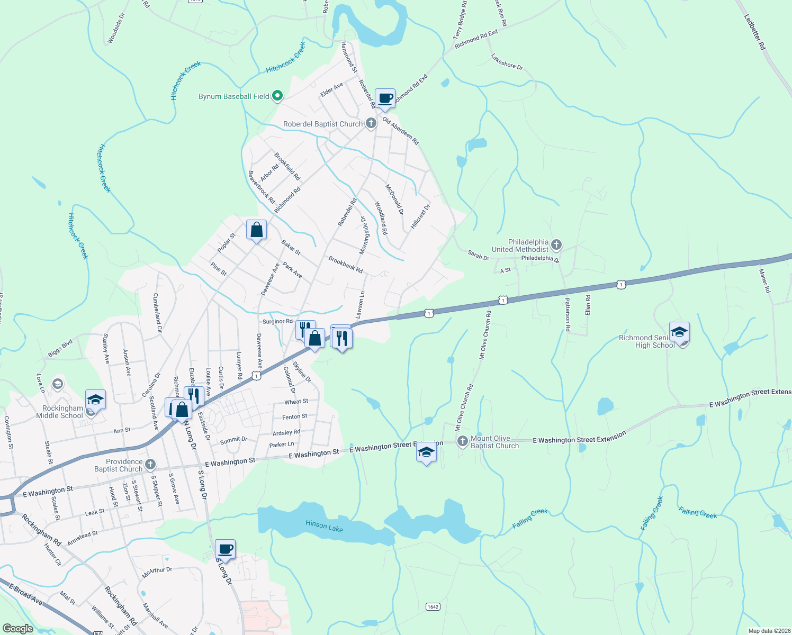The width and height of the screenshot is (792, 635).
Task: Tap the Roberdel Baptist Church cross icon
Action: pyautogui.click(x=371, y=124)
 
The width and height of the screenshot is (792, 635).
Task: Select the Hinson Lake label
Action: pyautogui.click(x=324, y=526)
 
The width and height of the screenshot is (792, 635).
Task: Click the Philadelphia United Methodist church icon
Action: pyautogui.click(x=556, y=244)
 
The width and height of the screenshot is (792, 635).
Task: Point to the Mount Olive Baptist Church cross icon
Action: pyautogui.click(x=463, y=441)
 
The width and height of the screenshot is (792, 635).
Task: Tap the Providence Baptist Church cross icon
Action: pyautogui.click(x=150, y=465)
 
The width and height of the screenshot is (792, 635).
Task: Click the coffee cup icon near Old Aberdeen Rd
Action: pyautogui.click(x=385, y=99)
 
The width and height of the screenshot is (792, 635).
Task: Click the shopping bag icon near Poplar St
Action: pyautogui.click(x=256, y=230)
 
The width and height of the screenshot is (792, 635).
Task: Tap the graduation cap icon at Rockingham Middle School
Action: pyautogui.click(x=96, y=400)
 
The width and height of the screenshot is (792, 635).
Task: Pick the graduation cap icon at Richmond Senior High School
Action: pyautogui.click(x=679, y=332)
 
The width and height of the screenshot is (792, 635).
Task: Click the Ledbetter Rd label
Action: pyautogui.click(x=755, y=32)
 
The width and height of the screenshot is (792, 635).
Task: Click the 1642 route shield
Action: pyautogui.click(x=433, y=606)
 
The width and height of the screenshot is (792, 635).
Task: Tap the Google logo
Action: pyautogui.click(x=18, y=629)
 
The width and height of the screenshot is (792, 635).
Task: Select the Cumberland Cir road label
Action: pyautogui.click(x=157, y=313)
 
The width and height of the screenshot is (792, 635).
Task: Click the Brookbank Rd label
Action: pyautogui.click(x=345, y=265)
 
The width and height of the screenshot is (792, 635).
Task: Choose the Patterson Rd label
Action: pyautogui.click(x=567, y=314)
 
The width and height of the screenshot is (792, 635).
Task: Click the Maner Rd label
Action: pyautogui.click(x=764, y=281)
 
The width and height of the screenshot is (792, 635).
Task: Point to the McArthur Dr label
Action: pyautogui.click(x=157, y=572)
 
